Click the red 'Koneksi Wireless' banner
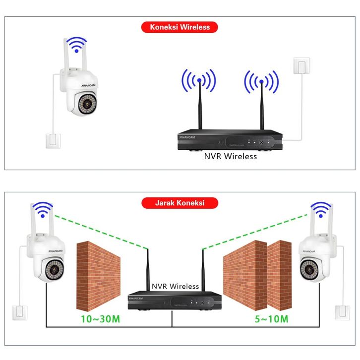(x=180, y=27)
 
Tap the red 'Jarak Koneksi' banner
(x=180, y=203)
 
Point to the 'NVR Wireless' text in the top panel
(x=231, y=156)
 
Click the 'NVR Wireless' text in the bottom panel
(x=175, y=286)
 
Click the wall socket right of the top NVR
(x=302, y=66)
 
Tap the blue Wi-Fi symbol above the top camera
(x=75, y=44)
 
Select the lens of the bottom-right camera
(x=311, y=269)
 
